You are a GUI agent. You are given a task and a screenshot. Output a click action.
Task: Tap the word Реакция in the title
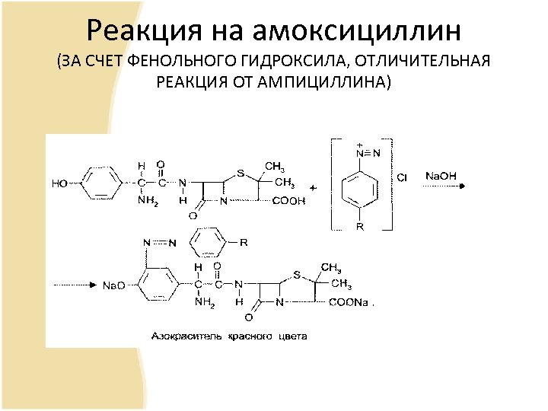(x=142, y=31)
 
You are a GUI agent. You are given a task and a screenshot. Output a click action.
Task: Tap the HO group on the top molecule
(x=59, y=183)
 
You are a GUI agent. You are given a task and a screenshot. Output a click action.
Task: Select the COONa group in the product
(x=349, y=302)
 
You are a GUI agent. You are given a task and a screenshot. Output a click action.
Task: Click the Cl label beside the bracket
(x=402, y=177)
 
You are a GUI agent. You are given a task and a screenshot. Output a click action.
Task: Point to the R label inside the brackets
(x=360, y=226)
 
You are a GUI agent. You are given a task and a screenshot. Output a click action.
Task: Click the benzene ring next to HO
(x=98, y=183)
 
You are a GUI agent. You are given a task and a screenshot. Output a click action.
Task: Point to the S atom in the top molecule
(x=241, y=173)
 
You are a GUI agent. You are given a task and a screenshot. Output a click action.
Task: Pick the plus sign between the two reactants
(x=313, y=186)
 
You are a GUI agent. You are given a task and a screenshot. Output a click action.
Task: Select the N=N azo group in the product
(x=160, y=244)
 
